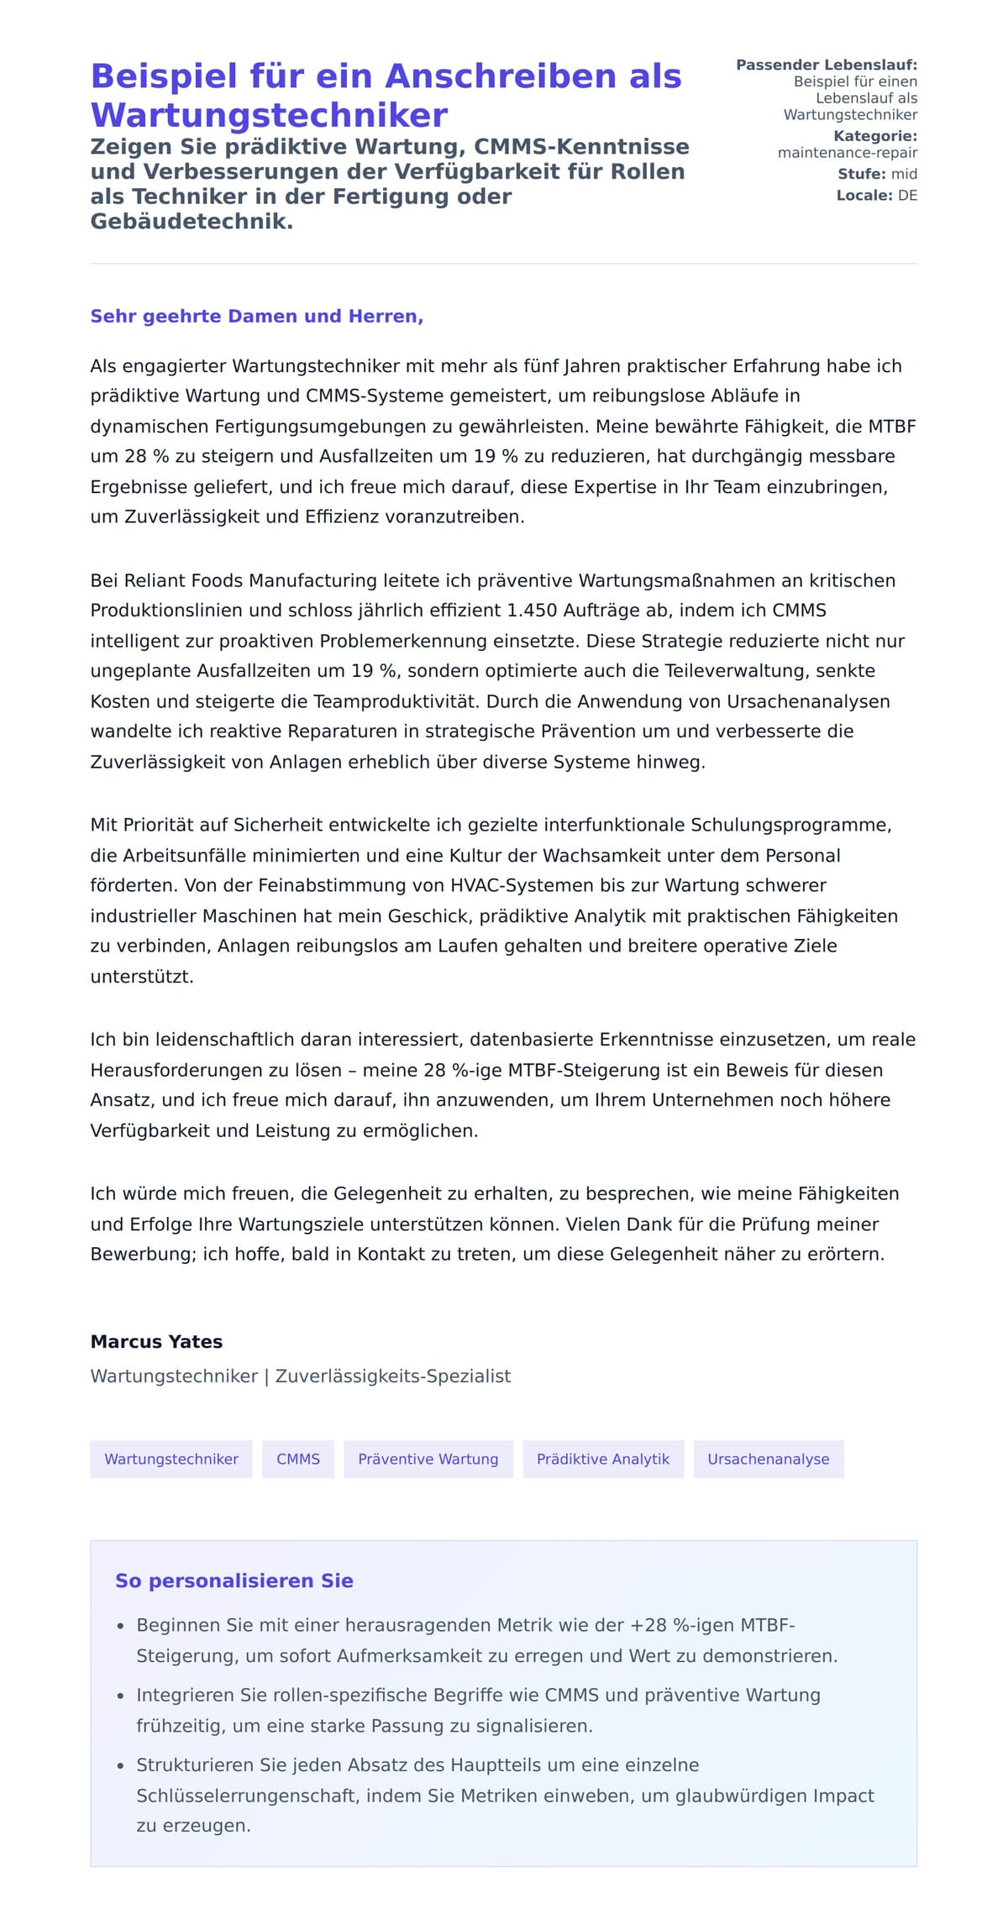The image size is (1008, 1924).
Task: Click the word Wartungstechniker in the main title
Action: coord(269,115)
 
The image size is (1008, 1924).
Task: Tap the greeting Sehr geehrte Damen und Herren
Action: coord(256,317)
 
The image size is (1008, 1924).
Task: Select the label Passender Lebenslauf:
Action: coord(827,65)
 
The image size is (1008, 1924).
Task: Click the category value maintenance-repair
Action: coord(847,153)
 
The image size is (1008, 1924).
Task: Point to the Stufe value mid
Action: coord(904,174)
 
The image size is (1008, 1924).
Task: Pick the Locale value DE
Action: coord(907,196)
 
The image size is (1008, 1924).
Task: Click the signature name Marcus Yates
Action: coord(156,1341)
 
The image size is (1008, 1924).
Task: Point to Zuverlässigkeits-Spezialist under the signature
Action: coord(392,1376)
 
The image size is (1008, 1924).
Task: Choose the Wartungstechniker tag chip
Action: coord(171,1459)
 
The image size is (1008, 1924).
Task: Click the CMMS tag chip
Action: coord(298,1459)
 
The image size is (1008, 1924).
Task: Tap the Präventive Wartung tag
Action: coord(428,1459)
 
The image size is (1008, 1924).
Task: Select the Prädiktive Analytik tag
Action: coord(603,1459)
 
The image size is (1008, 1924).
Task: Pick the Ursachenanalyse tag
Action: coord(768,1459)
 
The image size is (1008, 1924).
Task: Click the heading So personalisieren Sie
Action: coord(234,1581)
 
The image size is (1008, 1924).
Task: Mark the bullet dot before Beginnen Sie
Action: coord(121,1627)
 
